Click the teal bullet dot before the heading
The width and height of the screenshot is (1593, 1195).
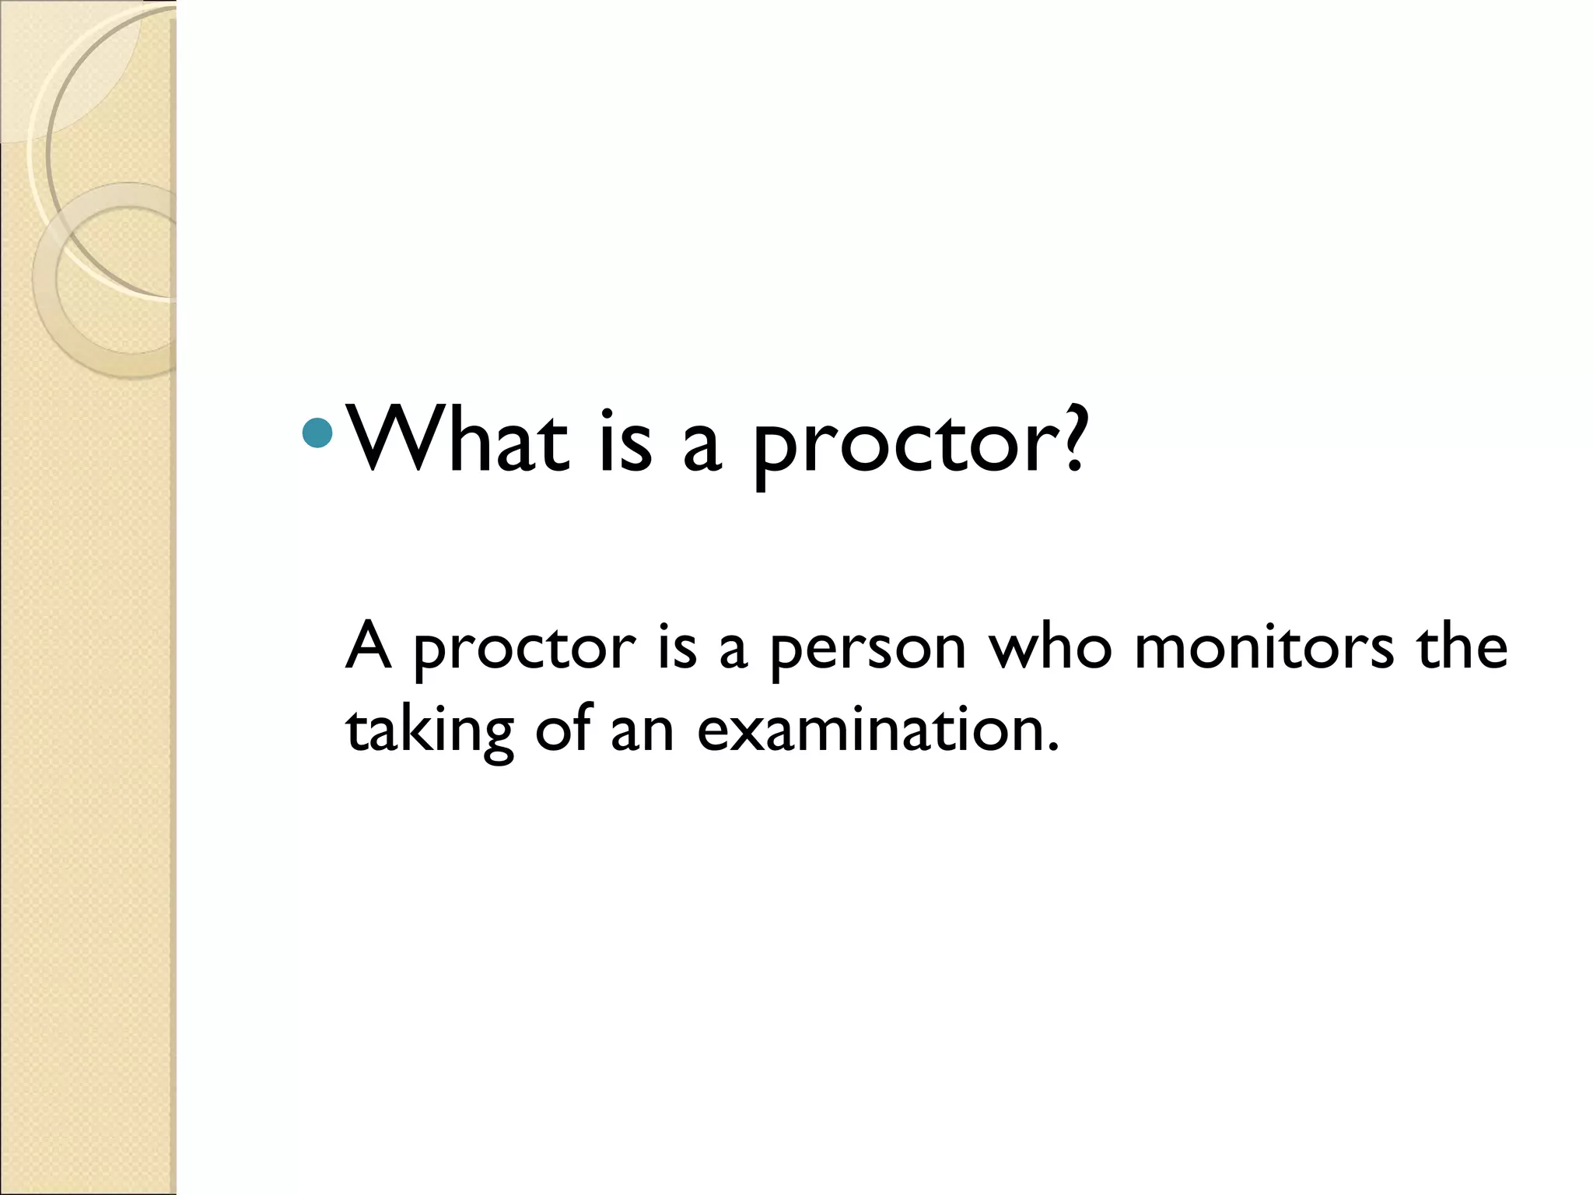pos(317,433)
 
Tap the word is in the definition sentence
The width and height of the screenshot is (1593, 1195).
pos(677,647)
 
